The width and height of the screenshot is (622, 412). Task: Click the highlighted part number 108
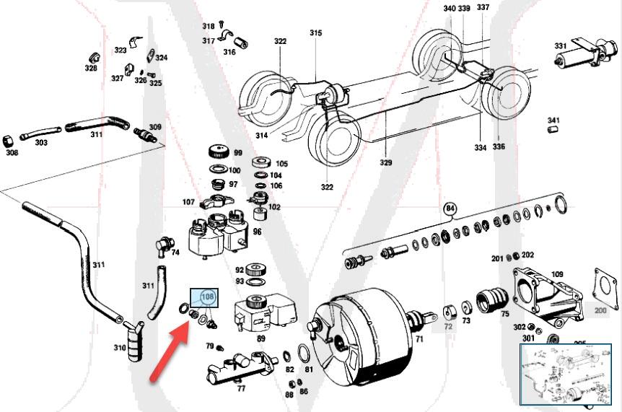(x=208, y=297)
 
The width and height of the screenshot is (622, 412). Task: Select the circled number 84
(x=451, y=210)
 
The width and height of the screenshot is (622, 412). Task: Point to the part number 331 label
(x=560, y=45)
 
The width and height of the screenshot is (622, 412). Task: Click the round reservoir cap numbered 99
(x=216, y=152)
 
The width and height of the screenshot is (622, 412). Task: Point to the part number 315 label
(x=316, y=33)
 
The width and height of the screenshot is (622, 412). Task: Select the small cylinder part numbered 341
(x=554, y=130)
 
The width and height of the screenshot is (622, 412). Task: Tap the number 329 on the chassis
(x=386, y=163)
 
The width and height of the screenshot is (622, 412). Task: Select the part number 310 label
(x=120, y=348)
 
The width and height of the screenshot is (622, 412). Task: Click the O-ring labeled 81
(x=305, y=354)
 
